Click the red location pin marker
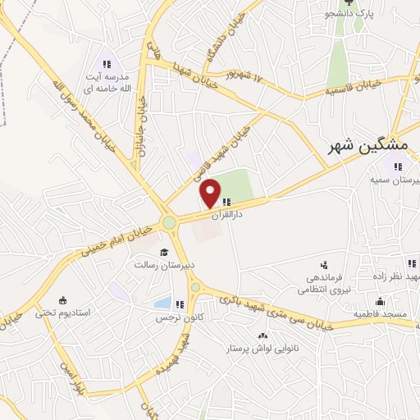[211, 193]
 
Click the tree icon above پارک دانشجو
[358, 2]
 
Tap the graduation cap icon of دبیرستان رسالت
[163, 252]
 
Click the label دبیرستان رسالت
[164, 265]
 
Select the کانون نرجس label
[185, 317]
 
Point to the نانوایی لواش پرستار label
[261, 349]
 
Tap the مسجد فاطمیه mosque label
[379, 314]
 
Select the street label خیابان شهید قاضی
[208, 156]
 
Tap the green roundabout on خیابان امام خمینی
[170, 222]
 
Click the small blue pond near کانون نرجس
[162, 304]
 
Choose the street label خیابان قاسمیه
[352, 87]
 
